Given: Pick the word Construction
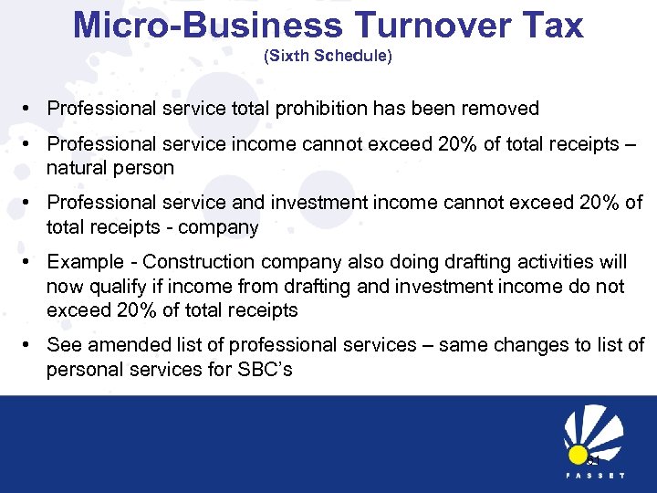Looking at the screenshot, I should [194, 263].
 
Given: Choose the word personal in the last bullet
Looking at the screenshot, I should [82, 370].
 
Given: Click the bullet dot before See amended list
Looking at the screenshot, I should [30, 345].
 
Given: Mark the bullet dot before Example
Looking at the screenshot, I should [30, 263].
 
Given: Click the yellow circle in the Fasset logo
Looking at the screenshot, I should [578, 454].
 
